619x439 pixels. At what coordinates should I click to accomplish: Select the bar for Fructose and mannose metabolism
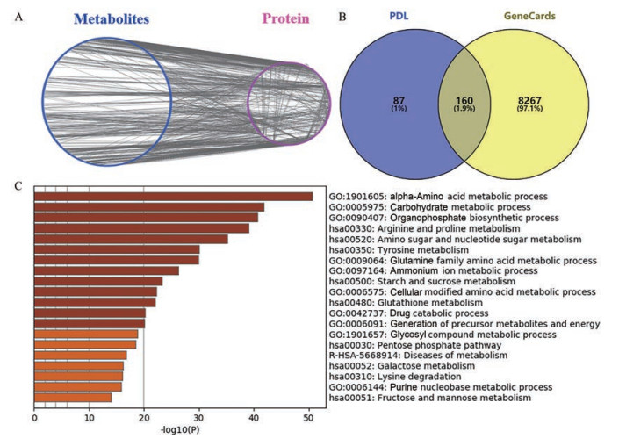coord(73,398)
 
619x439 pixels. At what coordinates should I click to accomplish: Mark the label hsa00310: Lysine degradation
coord(385,376)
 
